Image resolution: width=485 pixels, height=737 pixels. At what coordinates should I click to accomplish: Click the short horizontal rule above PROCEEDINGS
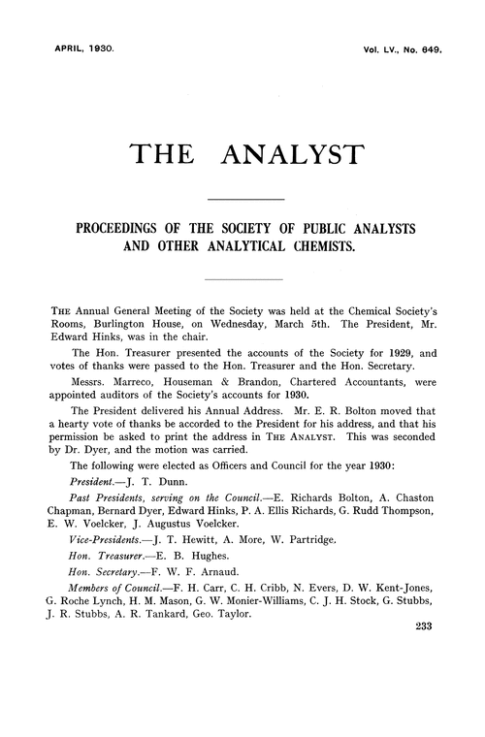tap(242, 199)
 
